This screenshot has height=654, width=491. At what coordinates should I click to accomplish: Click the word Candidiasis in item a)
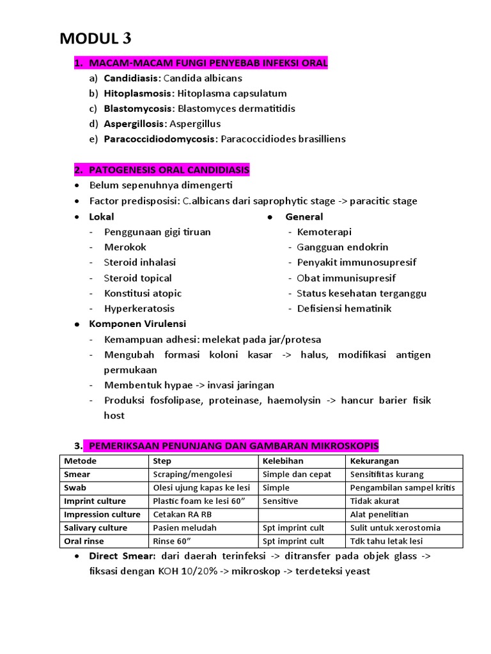click(132, 79)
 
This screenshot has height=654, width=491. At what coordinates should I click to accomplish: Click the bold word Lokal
click(102, 217)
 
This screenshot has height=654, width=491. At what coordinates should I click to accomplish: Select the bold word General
click(304, 217)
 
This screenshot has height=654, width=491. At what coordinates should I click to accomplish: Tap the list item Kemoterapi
click(324, 232)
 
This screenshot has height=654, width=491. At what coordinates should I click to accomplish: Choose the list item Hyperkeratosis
click(139, 308)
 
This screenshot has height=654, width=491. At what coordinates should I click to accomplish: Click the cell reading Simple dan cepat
click(297, 475)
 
